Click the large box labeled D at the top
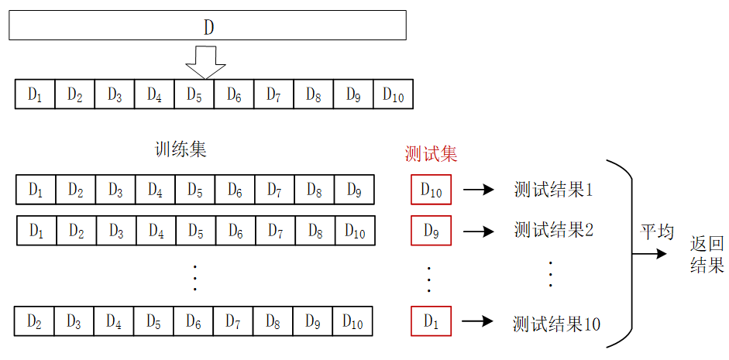point(208,26)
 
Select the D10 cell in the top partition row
point(393,94)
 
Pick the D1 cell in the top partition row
point(35,94)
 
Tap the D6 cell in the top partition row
point(233,94)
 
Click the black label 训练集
point(181,150)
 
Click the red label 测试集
point(431,153)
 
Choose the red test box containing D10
point(431,190)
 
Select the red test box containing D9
point(431,230)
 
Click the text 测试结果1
point(553,190)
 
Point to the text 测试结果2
point(553,230)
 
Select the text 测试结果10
point(556,323)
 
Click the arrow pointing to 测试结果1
point(479,190)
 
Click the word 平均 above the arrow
point(656,231)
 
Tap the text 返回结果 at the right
point(707,255)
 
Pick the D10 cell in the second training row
point(355,230)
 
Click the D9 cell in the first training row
point(353,190)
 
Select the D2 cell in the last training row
point(34,321)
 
